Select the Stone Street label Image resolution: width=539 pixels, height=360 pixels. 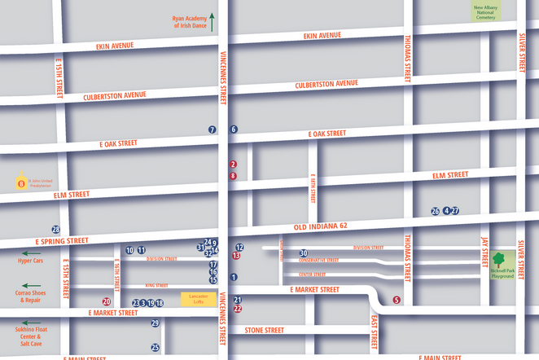point(264,330)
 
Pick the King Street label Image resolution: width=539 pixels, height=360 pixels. point(156,286)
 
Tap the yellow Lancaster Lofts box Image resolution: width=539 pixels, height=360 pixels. point(196,298)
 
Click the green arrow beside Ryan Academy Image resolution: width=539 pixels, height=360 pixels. point(212,21)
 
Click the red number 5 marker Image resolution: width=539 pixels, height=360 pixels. point(397,300)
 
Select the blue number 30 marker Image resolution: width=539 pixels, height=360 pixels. point(303,253)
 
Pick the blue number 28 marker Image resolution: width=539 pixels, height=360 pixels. point(56,230)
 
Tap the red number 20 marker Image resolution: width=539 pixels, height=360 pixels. point(106,301)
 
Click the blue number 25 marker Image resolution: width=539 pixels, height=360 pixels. point(156,347)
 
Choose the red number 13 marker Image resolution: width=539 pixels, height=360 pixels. point(236,256)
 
